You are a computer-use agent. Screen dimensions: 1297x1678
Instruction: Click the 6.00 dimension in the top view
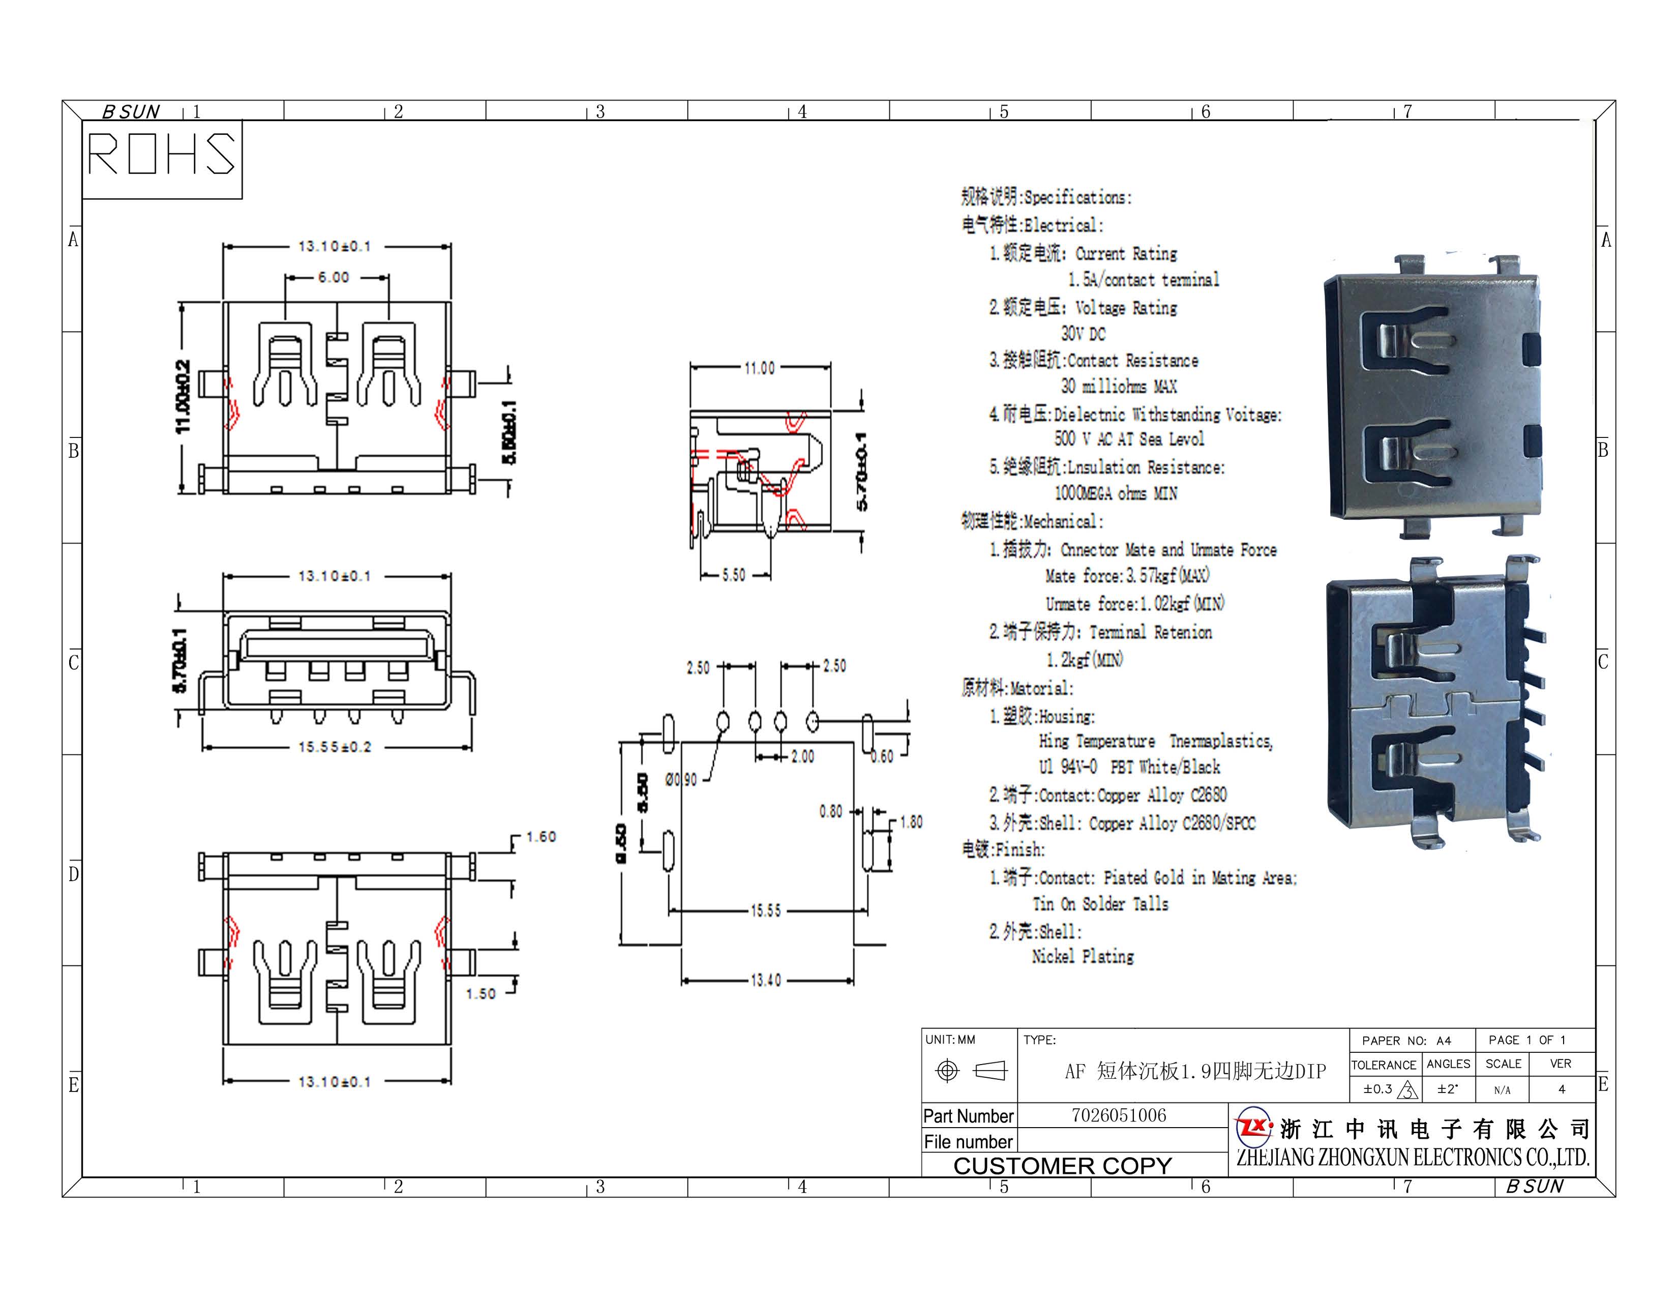coord(334,277)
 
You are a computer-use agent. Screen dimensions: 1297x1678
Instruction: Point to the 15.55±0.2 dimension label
coord(335,747)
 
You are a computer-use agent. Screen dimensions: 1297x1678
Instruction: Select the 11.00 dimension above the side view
coord(759,369)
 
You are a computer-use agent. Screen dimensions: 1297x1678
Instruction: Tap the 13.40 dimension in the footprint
coord(765,981)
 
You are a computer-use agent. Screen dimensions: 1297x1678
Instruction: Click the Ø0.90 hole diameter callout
coord(681,780)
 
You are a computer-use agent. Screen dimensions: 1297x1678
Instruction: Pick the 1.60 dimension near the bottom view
coord(541,837)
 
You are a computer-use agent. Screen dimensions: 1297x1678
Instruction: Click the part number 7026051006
coord(1119,1115)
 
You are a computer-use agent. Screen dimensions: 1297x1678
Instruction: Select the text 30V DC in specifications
coord(1083,334)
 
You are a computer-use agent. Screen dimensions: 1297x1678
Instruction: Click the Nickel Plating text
coord(1083,957)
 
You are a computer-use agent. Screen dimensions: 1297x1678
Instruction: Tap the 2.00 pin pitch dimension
coord(802,757)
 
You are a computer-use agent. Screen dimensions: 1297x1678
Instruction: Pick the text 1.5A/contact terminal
coord(1143,280)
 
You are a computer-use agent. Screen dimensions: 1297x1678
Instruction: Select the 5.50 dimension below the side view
coord(734,575)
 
